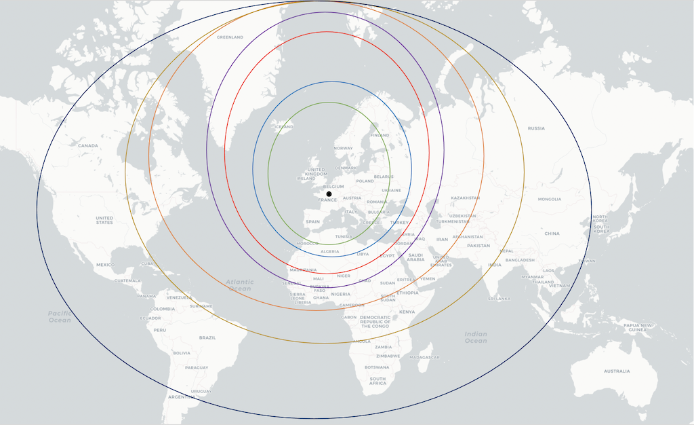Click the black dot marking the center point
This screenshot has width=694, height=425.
pyautogui.click(x=329, y=194)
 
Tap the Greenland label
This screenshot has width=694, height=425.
pyautogui.click(x=230, y=37)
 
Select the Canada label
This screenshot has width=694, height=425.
pyautogui.click(x=88, y=146)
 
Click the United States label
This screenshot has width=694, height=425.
pyautogui.click(x=104, y=221)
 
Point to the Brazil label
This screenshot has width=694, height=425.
pyautogui.click(x=207, y=337)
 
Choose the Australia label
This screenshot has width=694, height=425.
pyautogui.click(x=617, y=371)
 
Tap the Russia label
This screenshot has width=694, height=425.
pyautogui.click(x=536, y=128)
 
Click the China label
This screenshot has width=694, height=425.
pyautogui.click(x=552, y=234)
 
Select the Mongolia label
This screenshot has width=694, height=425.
pyautogui.click(x=549, y=200)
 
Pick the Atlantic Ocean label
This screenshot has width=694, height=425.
pyautogui.click(x=240, y=285)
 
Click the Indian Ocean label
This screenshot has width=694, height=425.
pyautogui.click(x=476, y=337)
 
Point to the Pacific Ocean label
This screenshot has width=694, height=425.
pyautogui.click(x=60, y=316)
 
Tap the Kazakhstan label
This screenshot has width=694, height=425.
pyautogui.click(x=465, y=198)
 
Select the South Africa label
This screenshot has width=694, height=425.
pyautogui.click(x=377, y=381)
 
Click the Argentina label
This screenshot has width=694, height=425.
pyautogui.click(x=181, y=396)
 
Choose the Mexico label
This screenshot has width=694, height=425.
pyautogui.click(x=106, y=265)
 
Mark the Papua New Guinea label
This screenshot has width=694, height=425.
pyautogui.click(x=637, y=328)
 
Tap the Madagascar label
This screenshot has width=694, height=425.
pyautogui.click(x=425, y=357)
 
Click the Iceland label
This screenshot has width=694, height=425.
pyautogui.click(x=284, y=127)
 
